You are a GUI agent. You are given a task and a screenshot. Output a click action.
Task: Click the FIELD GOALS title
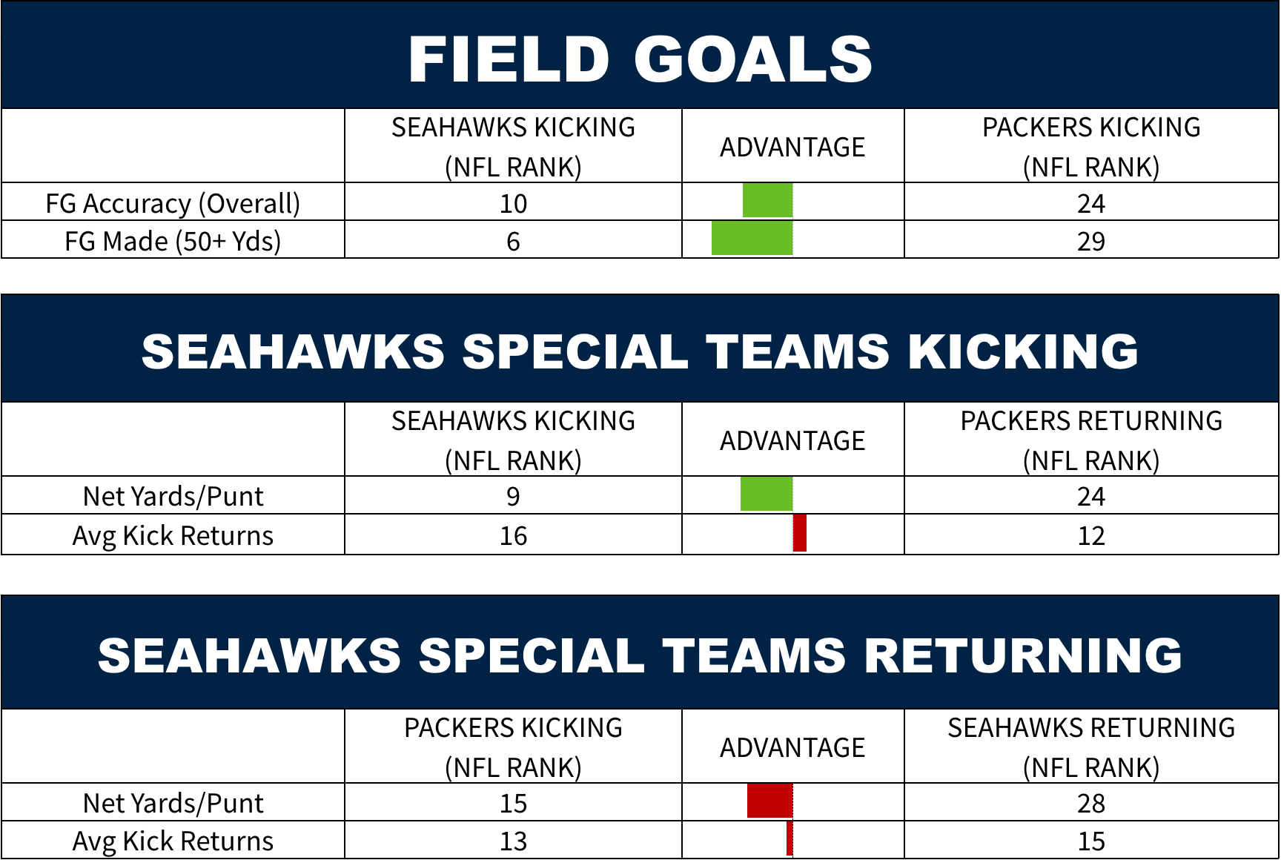pos(640,59)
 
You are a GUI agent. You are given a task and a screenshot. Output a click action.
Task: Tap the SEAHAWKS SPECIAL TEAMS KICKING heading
pos(640,351)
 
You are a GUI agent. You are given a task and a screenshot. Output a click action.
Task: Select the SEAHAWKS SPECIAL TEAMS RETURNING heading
pos(640,655)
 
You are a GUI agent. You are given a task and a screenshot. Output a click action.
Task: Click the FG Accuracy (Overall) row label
pos(173,203)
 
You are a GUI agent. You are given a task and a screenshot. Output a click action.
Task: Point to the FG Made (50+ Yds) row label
pos(173,241)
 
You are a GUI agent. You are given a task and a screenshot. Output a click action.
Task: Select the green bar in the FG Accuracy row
pos(767,201)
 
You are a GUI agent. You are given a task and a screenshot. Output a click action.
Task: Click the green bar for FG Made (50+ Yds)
pos(752,239)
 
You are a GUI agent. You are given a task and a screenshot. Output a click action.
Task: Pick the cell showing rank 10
pos(513,203)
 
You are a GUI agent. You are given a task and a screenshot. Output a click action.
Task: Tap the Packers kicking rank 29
pos(1091,241)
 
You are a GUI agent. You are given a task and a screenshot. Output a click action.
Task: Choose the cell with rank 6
pos(513,241)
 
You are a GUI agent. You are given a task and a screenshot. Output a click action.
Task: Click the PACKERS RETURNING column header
pos(1091,440)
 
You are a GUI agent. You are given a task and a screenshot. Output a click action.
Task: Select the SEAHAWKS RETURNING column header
pos(1091,747)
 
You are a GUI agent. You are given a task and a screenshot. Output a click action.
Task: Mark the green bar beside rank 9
pos(767,494)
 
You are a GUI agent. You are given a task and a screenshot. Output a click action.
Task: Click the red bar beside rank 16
pos(800,533)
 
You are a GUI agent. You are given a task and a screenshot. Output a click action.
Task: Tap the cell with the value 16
pos(513,535)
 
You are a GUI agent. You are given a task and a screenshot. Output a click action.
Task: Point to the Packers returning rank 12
pos(1091,535)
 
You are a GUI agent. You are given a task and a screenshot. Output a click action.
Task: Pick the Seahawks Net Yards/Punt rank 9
pos(513,496)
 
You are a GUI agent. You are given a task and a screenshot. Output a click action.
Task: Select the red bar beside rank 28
pos(770,801)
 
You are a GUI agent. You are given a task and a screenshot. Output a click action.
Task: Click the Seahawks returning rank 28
pos(1091,803)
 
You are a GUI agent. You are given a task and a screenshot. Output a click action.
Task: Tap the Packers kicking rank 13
pos(513,841)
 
